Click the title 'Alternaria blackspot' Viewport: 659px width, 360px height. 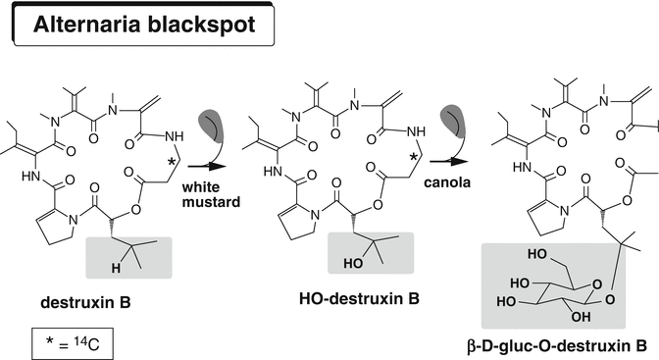[144, 24]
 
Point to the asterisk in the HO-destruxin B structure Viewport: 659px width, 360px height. [413, 156]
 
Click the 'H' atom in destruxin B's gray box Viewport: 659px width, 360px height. [116, 266]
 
